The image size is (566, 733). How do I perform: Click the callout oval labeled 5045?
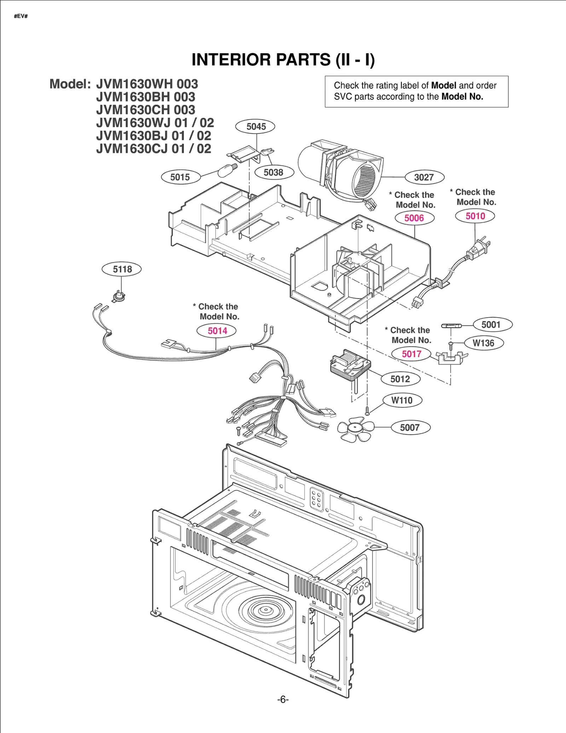coord(255,127)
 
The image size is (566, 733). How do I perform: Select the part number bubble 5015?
coord(180,177)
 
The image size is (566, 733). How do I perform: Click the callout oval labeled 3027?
coord(424,177)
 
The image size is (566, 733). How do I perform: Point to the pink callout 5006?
coord(414,218)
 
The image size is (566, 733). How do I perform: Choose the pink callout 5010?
coord(475,216)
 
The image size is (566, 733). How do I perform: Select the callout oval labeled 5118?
coord(122,269)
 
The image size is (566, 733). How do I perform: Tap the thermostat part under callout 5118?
coord(119,296)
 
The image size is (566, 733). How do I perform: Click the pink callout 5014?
coord(217,331)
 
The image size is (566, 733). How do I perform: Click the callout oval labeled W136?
coord(483,343)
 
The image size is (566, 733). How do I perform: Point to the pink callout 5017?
coord(411,354)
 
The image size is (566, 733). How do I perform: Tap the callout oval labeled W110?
coord(402,400)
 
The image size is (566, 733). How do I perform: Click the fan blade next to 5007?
coord(355,429)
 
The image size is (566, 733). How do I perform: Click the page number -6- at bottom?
coord(283,699)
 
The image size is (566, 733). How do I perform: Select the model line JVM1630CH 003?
coord(146,110)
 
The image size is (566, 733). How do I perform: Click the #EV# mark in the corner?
coord(21,16)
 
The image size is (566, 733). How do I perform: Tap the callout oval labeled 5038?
coord(273,173)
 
